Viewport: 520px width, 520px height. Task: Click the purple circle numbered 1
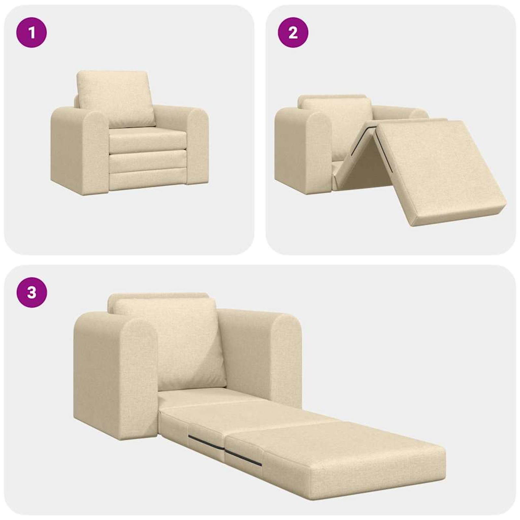tap(32, 32)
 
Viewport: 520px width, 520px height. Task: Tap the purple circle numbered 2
tap(293, 32)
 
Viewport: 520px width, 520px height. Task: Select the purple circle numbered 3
tap(32, 292)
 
